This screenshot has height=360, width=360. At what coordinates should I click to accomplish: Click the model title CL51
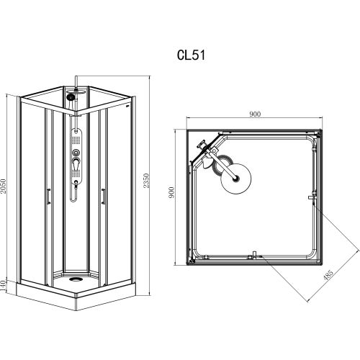[192, 55]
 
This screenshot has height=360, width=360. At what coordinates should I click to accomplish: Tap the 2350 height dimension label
[146, 181]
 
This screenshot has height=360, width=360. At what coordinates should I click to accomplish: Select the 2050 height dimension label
[3, 186]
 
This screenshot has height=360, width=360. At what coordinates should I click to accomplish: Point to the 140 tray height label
[3, 286]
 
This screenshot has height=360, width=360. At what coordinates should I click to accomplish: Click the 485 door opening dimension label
[328, 275]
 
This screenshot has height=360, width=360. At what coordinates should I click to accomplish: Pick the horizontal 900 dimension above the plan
[255, 114]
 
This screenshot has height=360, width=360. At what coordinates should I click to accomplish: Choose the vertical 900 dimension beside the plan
[171, 192]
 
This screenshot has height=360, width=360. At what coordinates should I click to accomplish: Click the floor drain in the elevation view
[76, 279]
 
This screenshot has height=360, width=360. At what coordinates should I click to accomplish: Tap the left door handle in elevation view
[49, 197]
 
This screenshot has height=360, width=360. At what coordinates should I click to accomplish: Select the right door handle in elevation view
[104, 197]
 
